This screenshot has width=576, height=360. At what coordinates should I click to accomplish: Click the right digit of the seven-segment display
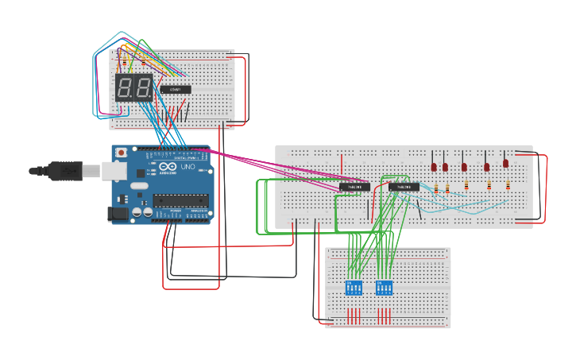tap(144, 87)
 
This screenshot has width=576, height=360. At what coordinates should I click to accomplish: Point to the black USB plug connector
tap(48, 169)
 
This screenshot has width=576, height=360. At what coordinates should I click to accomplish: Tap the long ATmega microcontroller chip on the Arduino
tap(183, 199)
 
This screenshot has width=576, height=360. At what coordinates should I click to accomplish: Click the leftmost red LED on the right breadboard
tap(434, 167)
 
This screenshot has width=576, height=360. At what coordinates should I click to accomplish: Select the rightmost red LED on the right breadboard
tap(505, 163)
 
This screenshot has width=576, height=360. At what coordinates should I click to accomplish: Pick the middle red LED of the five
tap(464, 167)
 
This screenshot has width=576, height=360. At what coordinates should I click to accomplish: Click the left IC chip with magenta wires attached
tap(354, 187)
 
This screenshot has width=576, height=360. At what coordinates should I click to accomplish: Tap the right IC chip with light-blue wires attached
tap(404, 187)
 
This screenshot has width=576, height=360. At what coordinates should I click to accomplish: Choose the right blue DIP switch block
tap(384, 288)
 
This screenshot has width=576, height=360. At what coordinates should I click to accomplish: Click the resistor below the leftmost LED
tap(436, 188)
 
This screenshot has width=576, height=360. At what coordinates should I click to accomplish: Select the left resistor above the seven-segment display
tap(122, 60)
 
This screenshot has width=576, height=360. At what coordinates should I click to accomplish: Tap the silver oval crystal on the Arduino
tap(136, 188)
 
